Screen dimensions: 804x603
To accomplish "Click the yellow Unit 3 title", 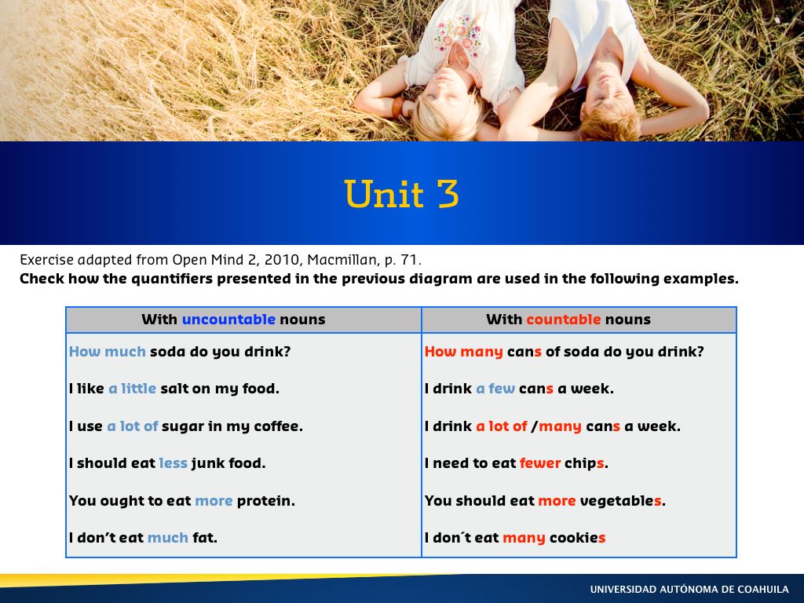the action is pos(401,193).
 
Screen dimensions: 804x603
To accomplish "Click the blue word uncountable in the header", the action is pos(228,320).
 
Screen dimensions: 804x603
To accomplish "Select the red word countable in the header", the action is pos(564,320).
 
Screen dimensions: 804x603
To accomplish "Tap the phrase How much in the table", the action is pos(108,352).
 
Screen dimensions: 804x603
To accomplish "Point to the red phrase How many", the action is pos(463,353).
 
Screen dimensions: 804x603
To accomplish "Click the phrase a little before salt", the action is pos(132,389).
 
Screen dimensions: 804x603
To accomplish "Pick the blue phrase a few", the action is pos(495,389).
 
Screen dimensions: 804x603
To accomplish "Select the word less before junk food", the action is pos(174,463).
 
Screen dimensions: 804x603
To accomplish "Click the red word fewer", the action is pos(540,463).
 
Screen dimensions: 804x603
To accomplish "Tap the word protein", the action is pos(265,501).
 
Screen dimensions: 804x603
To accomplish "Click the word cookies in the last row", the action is pos(577,538).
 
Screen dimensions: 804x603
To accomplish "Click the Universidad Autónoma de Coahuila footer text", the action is pos(689,589).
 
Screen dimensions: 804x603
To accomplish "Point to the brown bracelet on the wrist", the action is pos(397,108).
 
